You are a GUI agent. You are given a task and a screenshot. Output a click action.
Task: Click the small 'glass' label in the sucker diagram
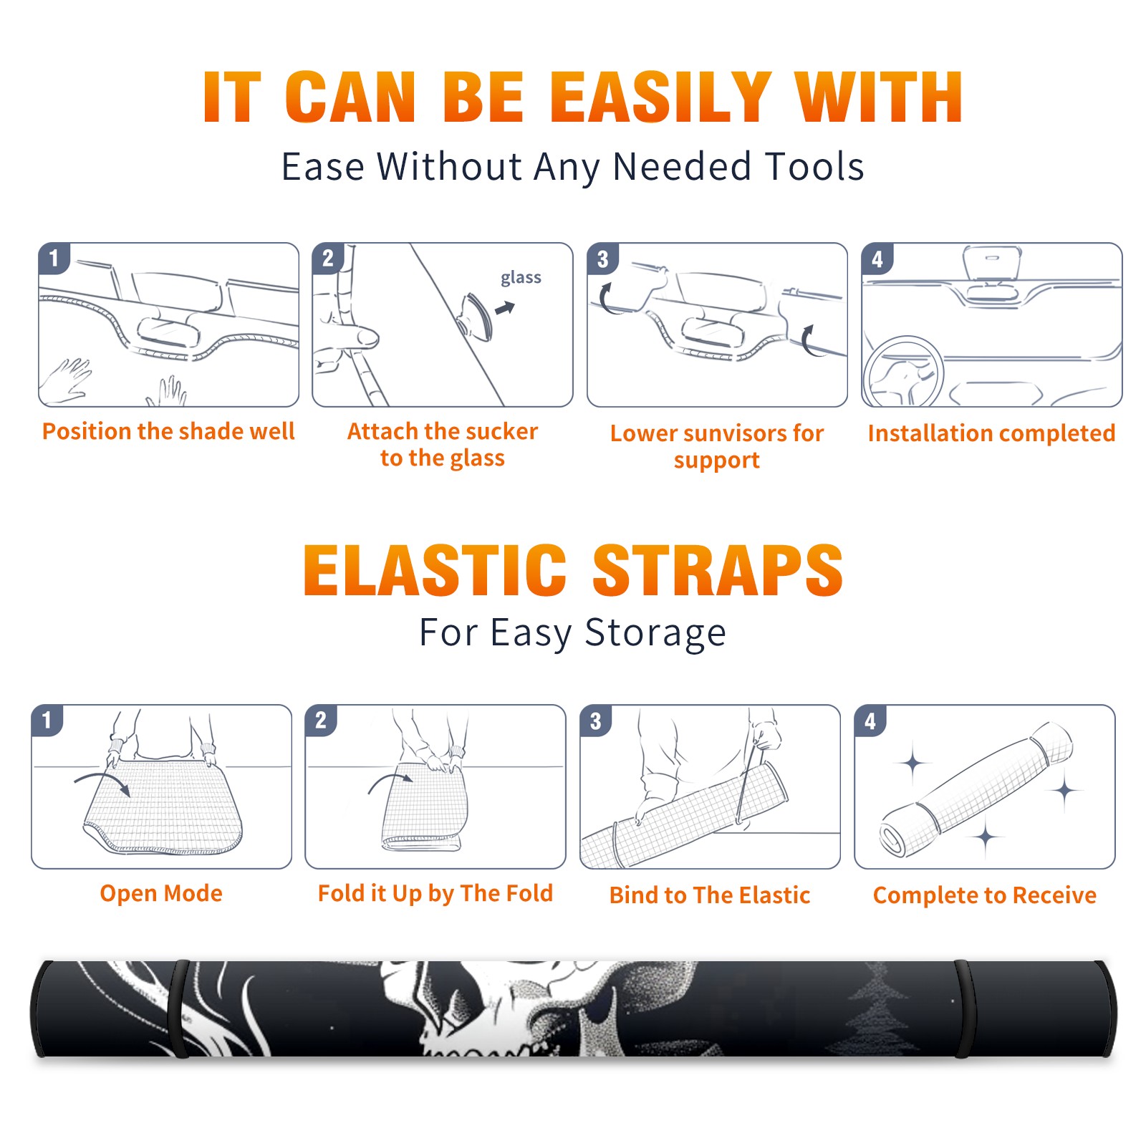click(x=521, y=278)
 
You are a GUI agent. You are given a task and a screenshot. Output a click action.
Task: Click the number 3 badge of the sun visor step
click(x=602, y=259)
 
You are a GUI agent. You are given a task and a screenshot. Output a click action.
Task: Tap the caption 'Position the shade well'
click(x=168, y=431)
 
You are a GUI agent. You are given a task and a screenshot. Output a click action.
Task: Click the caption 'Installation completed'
click(x=991, y=433)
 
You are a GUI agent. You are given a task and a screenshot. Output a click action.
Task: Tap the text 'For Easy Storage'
click(x=573, y=633)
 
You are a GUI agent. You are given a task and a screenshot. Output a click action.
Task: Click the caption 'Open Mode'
click(x=161, y=893)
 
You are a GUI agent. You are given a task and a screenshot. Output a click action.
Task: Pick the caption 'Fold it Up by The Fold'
click(x=435, y=894)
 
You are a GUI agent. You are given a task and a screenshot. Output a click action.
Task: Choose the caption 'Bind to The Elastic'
click(x=710, y=895)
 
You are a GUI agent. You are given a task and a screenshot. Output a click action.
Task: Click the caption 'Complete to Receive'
click(x=985, y=895)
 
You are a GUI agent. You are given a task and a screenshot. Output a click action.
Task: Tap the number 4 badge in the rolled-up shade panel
click(x=870, y=721)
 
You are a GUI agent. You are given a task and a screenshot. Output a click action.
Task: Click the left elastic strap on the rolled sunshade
click(x=178, y=1008)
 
